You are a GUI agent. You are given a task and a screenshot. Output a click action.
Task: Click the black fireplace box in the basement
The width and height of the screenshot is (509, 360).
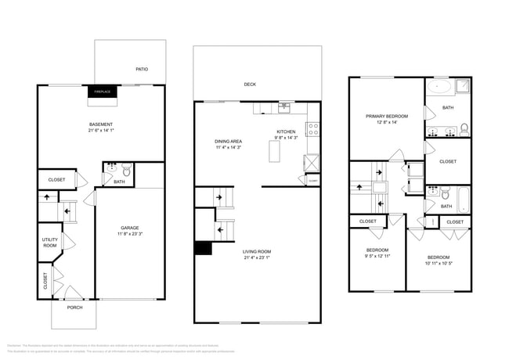[101, 92]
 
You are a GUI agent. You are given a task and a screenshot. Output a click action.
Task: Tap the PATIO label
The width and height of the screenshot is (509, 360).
[142, 70]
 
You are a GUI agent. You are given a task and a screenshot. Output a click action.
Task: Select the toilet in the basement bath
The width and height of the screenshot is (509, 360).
[126, 168]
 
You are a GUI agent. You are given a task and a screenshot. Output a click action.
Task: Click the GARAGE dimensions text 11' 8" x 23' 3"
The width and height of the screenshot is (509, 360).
[130, 234]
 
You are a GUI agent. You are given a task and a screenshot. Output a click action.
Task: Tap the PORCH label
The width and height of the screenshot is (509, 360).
[74, 307]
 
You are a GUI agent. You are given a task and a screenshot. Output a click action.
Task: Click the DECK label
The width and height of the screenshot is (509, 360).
[250, 84]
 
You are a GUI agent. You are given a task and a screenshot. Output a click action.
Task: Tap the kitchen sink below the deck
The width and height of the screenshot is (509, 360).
[284, 106]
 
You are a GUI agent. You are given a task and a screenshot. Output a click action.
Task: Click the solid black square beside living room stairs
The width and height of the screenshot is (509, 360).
[202, 249]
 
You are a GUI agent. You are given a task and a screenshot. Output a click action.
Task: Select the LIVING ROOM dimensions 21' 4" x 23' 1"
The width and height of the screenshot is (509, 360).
[257, 257]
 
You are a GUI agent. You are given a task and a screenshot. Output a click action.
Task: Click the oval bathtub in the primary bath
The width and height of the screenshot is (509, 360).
[439, 86]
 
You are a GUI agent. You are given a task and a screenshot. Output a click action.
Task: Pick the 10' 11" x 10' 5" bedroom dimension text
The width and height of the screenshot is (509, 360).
[439, 264]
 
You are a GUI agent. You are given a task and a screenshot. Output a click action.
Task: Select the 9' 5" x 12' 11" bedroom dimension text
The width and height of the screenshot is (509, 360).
[377, 256]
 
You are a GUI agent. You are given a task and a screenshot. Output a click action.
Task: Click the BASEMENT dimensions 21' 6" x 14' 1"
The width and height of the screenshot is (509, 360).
[101, 131]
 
